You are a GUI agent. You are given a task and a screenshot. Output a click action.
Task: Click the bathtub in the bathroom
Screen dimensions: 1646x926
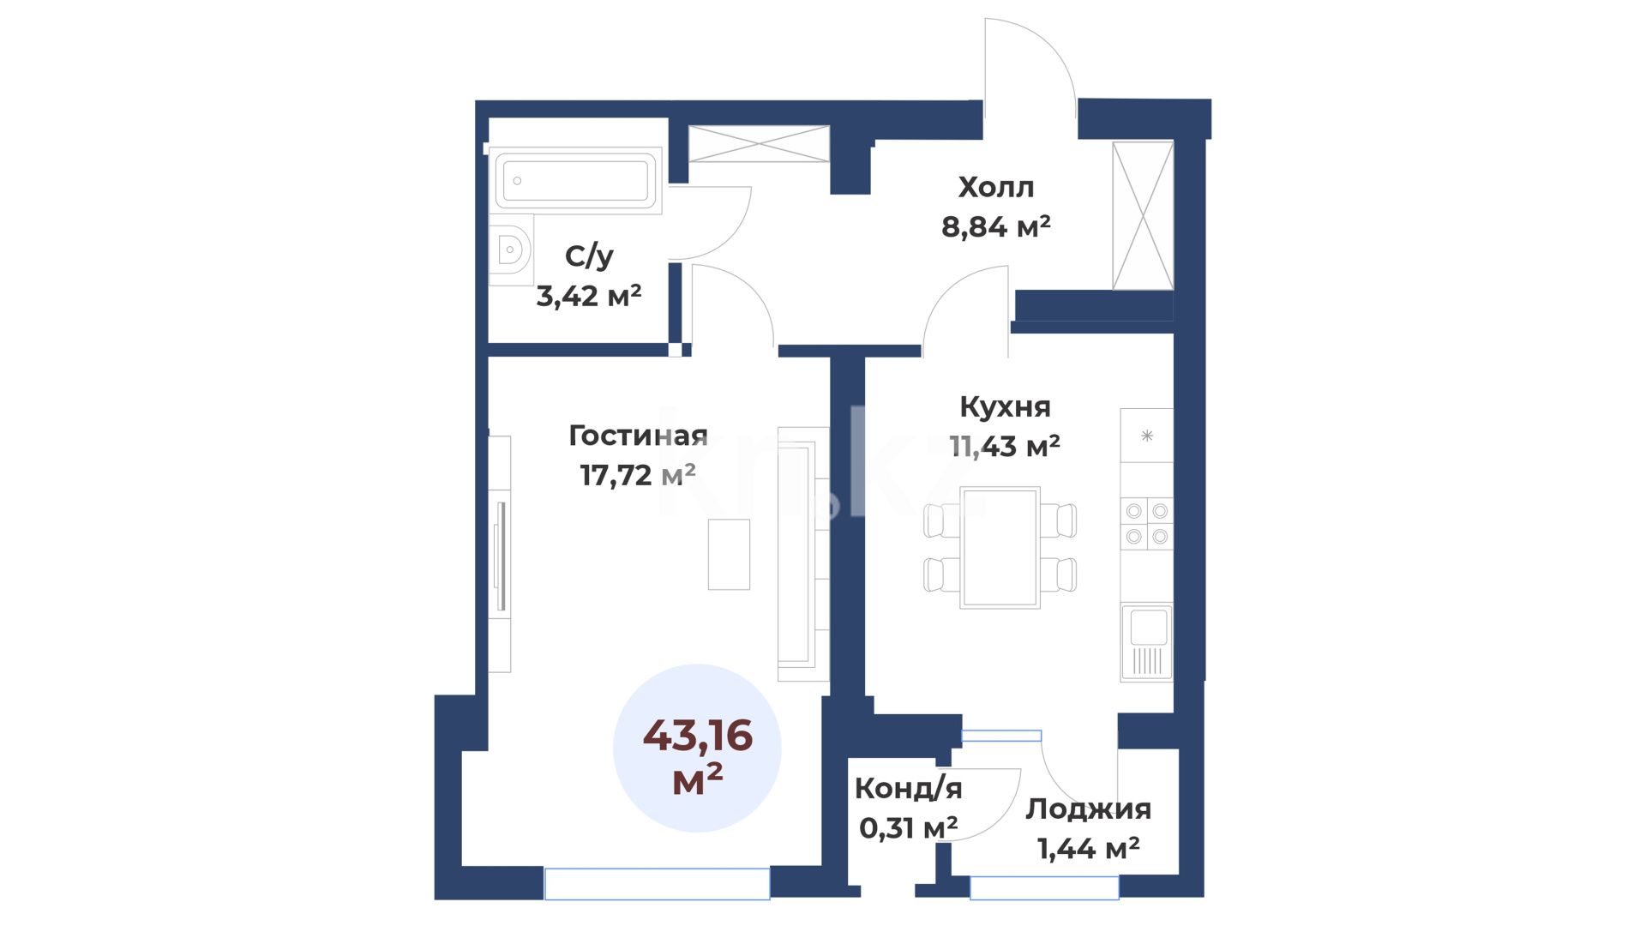point(574,180)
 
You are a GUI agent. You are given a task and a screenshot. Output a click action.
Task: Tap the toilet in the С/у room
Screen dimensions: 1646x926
point(511,250)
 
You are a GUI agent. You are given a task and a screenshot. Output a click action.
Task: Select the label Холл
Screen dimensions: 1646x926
point(996,187)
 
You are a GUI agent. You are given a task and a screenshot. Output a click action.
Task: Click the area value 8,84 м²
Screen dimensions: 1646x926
point(995,226)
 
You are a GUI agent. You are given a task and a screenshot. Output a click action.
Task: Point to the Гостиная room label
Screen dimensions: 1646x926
point(638,436)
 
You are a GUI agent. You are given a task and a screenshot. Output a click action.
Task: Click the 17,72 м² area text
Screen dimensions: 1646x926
point(638,474)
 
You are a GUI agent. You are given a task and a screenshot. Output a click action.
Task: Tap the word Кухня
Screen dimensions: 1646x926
point(1005,406)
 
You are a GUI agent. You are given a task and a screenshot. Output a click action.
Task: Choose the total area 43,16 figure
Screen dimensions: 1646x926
point(698,736)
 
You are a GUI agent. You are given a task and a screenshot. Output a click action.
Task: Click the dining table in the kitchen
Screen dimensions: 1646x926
point(1000,548)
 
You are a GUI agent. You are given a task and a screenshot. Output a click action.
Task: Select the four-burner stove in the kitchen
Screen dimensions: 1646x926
point(1147,524)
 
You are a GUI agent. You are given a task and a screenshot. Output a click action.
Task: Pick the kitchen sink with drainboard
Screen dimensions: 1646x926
point(1147,643)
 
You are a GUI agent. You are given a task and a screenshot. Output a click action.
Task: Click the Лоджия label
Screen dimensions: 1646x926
point(1089,809)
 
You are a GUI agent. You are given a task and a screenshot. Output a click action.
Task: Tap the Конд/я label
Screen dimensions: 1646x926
point(909,788)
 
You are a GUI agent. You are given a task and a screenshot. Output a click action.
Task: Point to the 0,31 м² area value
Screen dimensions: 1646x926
point(909,827)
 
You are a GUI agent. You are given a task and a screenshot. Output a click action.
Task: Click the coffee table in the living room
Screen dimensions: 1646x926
point(729,554)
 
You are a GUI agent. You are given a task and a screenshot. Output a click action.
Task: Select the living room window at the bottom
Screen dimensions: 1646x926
point(658,884)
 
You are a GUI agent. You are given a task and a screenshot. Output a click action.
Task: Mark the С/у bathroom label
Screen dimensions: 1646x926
point(589,256)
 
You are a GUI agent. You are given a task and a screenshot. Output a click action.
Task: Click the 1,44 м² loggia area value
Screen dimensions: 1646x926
point(1089,848)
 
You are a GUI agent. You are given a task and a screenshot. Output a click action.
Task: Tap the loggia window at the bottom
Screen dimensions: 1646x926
point(1044,887)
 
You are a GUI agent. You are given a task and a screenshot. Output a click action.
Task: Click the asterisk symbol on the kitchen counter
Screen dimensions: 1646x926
point(1147,436)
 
